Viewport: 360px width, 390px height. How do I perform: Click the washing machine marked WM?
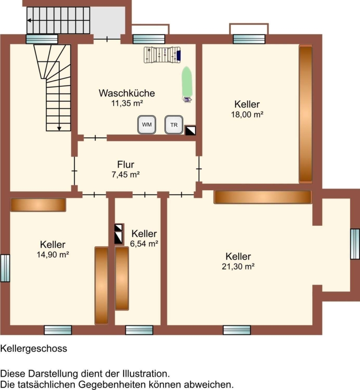147,125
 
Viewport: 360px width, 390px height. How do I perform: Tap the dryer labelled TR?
174,125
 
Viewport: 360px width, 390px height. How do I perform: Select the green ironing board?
187,81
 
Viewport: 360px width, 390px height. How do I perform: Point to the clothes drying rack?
162,55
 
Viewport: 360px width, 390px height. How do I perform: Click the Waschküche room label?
127,93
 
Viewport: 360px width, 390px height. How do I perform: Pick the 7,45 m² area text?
125,175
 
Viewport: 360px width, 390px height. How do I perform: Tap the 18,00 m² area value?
247,114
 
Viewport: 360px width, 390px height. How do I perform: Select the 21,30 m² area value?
238,266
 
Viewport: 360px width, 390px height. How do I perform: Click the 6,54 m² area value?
144,244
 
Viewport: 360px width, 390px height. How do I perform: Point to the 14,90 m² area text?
53,254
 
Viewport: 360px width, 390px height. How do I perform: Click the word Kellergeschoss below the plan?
33,349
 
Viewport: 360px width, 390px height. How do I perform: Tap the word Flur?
126,164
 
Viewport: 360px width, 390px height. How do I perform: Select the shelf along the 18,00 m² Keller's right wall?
305,114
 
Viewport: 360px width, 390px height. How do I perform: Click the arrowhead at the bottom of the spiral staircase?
59,129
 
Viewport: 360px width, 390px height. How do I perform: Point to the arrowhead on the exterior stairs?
29,20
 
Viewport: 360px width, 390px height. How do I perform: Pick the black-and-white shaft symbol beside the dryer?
190,130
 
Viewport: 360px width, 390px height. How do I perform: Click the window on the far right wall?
355,244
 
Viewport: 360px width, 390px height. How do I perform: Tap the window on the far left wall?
5,268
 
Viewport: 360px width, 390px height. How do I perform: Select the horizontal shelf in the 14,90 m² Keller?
38,205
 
